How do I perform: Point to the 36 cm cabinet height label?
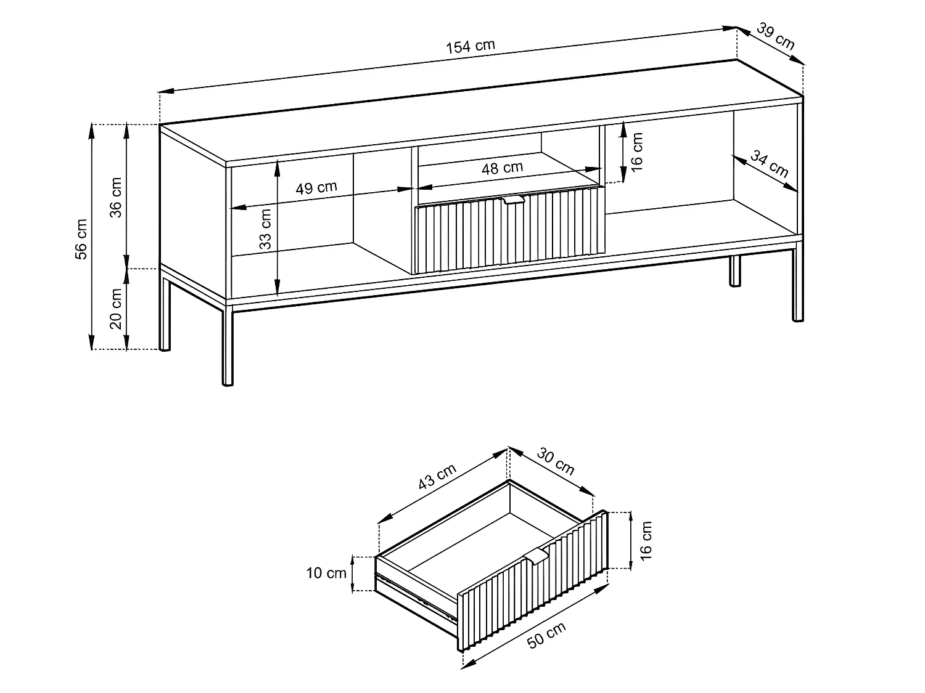coord(115,197)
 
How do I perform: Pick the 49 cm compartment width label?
coord(316,187)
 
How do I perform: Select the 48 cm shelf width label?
coord(502,168)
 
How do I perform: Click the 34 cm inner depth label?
coord(769,164)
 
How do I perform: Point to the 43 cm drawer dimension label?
coord(437,476)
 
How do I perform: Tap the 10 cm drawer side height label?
coord(327,573)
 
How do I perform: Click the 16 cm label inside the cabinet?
coord(638,151)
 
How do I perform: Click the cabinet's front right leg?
coord(798,283)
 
